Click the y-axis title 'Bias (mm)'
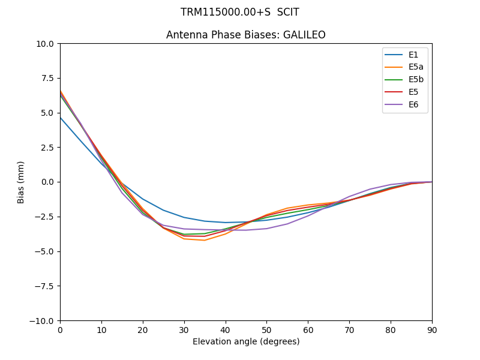tap(21, 182)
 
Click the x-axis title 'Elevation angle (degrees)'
tap(246, 342)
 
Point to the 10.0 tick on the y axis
tap(47, 44)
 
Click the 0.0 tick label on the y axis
tap(49, 182)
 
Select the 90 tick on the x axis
tap(432, 329)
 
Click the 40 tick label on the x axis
tap(225, 329)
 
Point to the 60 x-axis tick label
tap(308, 329)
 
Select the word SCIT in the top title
tap(288, 12)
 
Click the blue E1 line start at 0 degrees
tap(61, 118)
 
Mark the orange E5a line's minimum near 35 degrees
tap(205, 240)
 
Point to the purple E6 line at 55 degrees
tap(287, 224)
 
